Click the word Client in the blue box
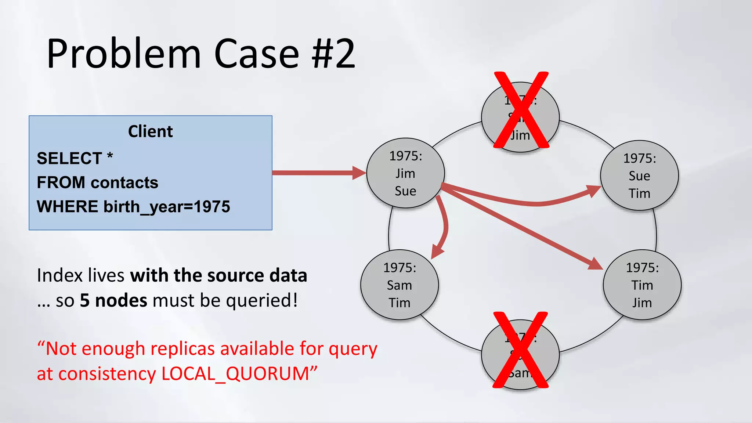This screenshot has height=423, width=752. tap(150, 131)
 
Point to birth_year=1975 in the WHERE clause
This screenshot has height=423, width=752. tap(167, 207)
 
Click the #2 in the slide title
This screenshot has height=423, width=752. tap(333, 54)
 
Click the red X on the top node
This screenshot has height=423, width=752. tap(521, 110)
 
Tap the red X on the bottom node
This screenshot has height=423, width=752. tap(520, 350)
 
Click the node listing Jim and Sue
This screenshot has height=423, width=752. tap(405, 173)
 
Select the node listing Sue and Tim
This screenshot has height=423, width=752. tap(639, 176)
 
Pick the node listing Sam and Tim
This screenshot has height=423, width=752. tap(399, 285)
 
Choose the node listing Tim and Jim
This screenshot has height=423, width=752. tap(642, 285)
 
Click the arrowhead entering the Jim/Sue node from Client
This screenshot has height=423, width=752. tap(359, 173)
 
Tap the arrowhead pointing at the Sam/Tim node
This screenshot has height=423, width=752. tap(437, 252)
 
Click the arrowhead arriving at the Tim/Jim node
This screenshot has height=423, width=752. tap(595, 264)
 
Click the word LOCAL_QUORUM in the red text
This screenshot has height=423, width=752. tap(235, 374)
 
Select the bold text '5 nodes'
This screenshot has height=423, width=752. tap(114, 300)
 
